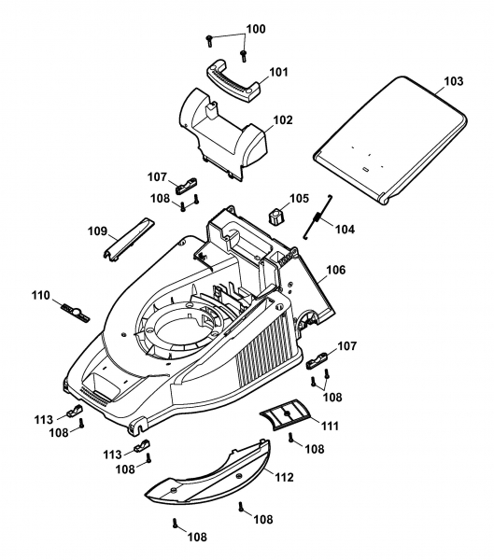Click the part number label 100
[x=256, y=29]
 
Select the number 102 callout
[x=283, y=120]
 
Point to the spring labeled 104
[x=318, y=217]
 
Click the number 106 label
[x=336, y=270]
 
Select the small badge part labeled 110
[x=76, y=312]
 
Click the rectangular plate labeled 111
[x=286, y=413]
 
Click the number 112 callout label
[x=284, y=477]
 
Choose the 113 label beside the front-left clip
[x=44, y=420]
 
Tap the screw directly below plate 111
[x=291, y=438]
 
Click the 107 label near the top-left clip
[x=157, y=177]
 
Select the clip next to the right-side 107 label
[x=318, y=359]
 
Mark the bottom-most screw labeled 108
[x=176, y=524]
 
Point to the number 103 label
[x=453, y=81]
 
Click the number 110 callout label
[x=40, y=296]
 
